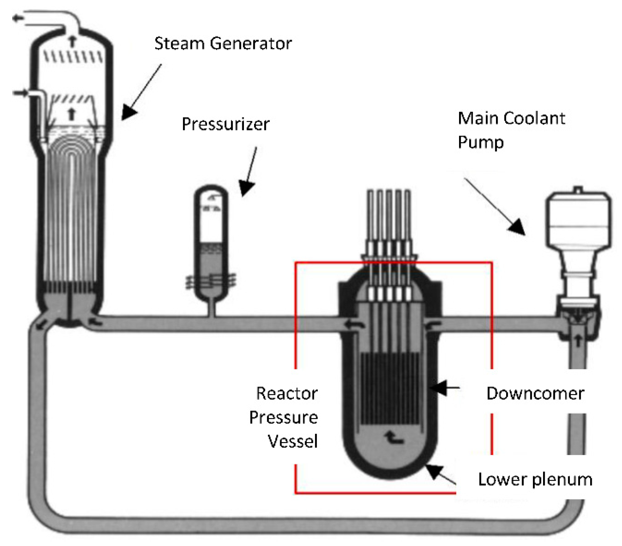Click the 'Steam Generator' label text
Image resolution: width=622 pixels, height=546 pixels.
223,44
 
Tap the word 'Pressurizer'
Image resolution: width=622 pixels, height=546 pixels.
225,124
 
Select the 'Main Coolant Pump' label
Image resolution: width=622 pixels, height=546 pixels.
511,130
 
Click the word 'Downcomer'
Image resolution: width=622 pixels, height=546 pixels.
535,393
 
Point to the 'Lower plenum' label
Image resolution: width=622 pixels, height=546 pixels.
535,480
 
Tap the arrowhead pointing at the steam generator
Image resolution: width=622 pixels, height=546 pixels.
129,112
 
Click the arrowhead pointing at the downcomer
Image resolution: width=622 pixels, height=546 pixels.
437,387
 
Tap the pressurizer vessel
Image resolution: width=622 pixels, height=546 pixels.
211,244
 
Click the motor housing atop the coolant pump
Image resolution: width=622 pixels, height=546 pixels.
578,220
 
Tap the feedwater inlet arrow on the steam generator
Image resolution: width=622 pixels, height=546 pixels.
21,92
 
